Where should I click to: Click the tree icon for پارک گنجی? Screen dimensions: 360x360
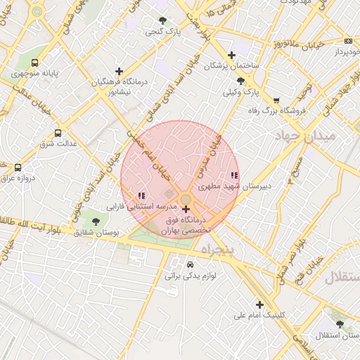coord(163,21)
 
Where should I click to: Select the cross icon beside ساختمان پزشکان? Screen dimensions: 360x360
coord(232,55)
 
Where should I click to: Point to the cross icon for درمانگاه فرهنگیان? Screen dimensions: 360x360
coord(119,71)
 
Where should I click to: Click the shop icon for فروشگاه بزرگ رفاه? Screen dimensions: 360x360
coord(276,100)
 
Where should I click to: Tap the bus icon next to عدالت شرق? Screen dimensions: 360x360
coord(58,132)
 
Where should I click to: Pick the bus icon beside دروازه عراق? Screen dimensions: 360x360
coord(18,167)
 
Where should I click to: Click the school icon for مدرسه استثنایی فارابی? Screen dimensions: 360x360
coord(141,195)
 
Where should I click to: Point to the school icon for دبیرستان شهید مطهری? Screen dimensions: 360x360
coord(234,175)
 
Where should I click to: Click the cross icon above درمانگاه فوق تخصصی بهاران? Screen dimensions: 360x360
coord(186,209)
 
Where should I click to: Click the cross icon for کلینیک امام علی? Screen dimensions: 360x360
coord(260,304)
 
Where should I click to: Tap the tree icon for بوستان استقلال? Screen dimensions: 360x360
coord(340,323)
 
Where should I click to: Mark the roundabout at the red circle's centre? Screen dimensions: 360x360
coord(184,200)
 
